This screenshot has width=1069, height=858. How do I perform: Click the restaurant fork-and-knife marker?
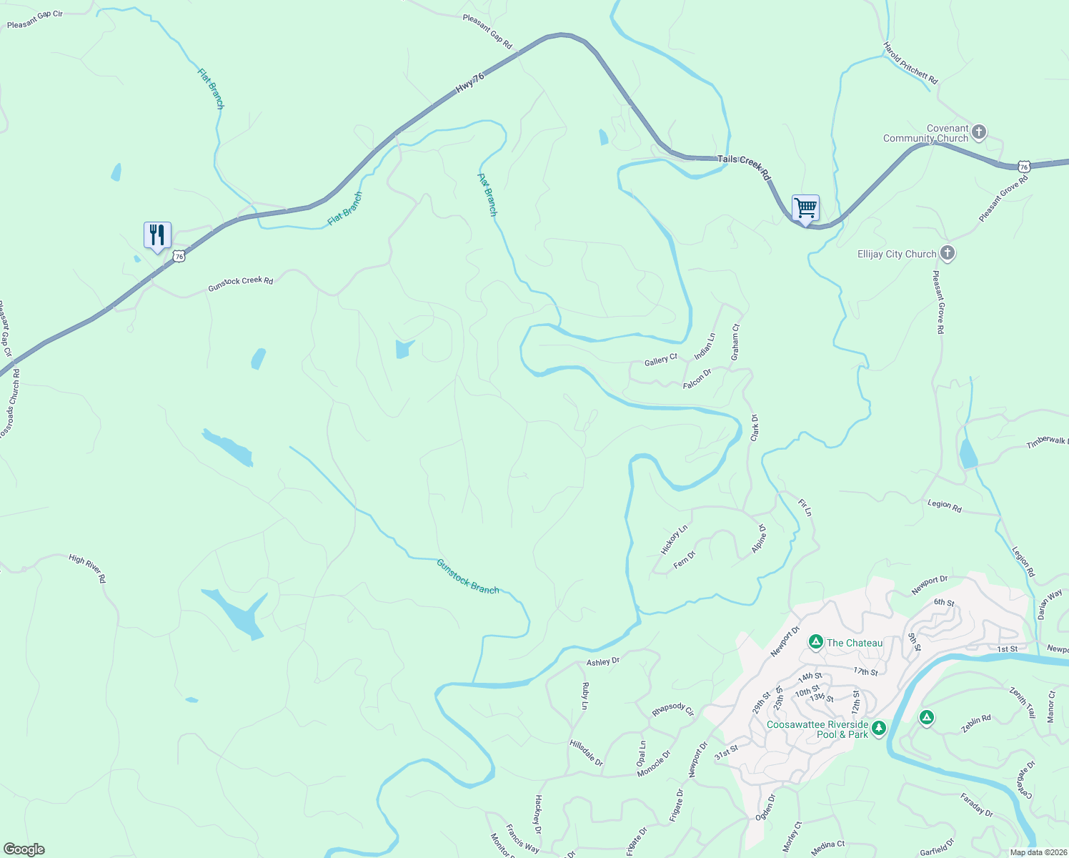tap(157, 235)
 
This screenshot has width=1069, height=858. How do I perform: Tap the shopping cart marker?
tap(805, 208)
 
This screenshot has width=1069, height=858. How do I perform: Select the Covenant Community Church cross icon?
tap(979, 132)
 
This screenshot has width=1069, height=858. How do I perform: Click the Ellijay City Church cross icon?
tap(948, 253)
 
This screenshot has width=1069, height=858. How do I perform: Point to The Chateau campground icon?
tap(815, 642)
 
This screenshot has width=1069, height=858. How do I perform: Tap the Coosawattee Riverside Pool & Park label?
tap(817, 729)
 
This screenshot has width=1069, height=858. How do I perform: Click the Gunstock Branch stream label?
tap(467, 576)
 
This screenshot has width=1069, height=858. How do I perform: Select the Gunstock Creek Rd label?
tap(240, 284)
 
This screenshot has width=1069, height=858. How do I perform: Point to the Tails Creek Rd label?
tap(744, 167)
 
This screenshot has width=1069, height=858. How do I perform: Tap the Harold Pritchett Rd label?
tap(910, 63)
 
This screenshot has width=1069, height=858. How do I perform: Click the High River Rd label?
tap(87, 568)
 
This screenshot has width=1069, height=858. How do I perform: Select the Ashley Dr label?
tap(603, 661)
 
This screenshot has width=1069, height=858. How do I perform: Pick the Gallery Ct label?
tap(660, 360)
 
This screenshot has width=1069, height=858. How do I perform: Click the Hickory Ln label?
tap(674, 539)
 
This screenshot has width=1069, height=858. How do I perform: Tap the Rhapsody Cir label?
tap(672, 709)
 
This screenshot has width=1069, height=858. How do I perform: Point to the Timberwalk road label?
tap(1047, 443)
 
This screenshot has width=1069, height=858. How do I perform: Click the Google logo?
tap(24, 849)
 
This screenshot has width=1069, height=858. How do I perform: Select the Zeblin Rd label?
tap(976, 723)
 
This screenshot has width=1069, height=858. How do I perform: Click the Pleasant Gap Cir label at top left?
tap(35, 20)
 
